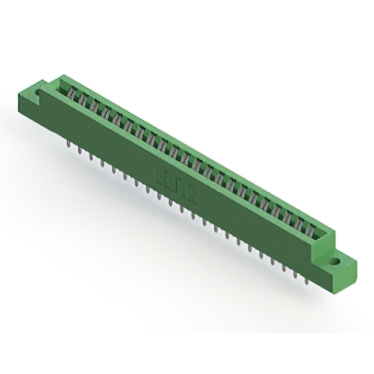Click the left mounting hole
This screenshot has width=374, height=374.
[x=39, y=92]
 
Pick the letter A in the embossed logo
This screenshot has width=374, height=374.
[x=181, y=184]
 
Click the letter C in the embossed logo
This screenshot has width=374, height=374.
[x=191, y=189]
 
